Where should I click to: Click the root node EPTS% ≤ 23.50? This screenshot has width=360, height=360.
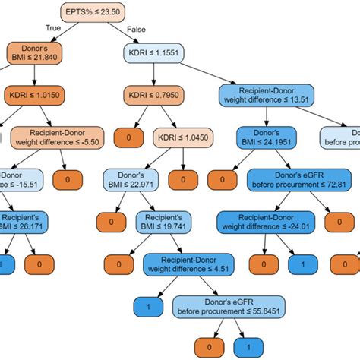tap(94, 12)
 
